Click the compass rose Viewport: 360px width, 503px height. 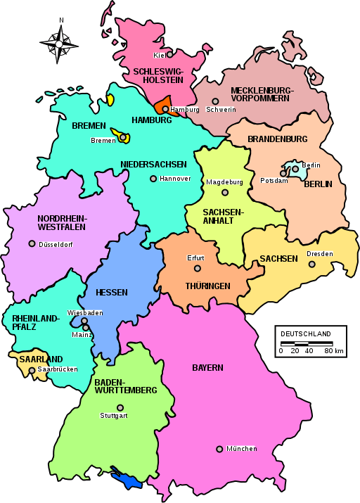click(x=60, y=43)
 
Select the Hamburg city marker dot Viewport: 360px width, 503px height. click(x=165, y=109)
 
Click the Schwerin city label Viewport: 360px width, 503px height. click(x=221, y=110)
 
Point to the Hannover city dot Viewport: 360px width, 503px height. click(x=153, y=179)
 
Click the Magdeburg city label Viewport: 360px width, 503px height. click(x=224, y=182)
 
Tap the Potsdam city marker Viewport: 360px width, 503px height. click(x=283, y=173)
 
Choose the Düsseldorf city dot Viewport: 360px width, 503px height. click(x=32, y=244)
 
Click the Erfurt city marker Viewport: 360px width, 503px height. click(x=197, y=268)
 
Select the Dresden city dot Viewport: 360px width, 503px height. click(x=313, y=265)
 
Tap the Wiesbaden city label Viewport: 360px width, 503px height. click(x=85, y=312)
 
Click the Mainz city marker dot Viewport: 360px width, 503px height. click(x=86, y=327)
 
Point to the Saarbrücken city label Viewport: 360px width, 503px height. click(x=58, y=369)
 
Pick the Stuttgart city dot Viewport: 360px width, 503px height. click(x=120, y=407)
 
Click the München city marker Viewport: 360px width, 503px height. click(x=219, y=449)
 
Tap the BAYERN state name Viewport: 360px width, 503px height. click(x=207, y=368)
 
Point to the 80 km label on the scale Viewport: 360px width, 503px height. click(x=334, y=351)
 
